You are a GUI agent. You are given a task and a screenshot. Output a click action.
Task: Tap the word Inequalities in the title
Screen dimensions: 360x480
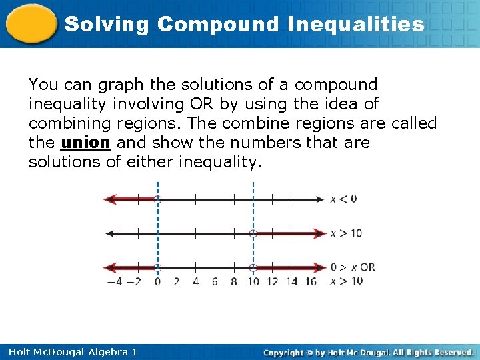[356, 25]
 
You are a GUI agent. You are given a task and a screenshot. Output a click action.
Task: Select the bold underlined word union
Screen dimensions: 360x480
[85, 143]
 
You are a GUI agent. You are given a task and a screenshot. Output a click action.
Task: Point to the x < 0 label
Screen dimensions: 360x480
[343, 199]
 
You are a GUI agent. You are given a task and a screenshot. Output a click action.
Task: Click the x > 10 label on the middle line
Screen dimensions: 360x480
[345, 233]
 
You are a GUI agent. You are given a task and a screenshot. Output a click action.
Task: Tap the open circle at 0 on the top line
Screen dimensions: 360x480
[157, 199]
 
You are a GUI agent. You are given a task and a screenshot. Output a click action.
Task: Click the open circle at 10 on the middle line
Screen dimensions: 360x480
[253, 233]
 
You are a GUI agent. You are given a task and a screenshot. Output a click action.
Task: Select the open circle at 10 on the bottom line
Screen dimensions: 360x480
[253, 268]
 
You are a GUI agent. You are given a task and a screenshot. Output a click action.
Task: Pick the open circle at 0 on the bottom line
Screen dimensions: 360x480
[157, 268]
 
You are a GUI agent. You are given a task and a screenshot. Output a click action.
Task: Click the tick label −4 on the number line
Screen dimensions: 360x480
[115, 281]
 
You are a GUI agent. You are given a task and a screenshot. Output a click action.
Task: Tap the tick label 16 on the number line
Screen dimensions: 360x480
[310, 281]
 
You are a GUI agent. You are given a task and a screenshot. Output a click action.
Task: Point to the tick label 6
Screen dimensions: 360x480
[215, 281]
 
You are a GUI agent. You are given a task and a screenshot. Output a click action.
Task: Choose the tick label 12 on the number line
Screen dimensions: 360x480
[272, 281]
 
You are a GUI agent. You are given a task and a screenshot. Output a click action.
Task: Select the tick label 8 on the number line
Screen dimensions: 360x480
[233, 281]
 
